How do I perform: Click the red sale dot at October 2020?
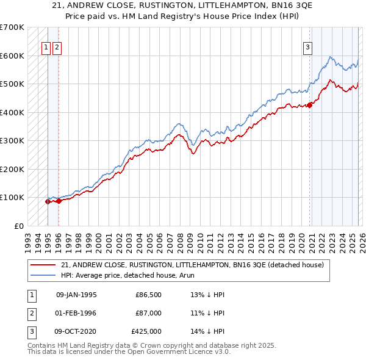pyautogui.click(x=310, y=105)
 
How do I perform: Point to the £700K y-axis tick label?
pyautogui.click(x=12, y=27)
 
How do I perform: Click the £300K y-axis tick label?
pyautogui.click(x=12, y=141)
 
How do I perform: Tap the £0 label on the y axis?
pyautogui.click(x=19, y=226)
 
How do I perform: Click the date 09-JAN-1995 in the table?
pyautogui.click(x=76, y=295)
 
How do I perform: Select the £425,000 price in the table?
pyautogui.click(x=146, y=331)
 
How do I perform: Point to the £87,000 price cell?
pyautogui.click(x=149, y=313)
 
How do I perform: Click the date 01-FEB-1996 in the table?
pyautogui.click(x=76, y=313)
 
